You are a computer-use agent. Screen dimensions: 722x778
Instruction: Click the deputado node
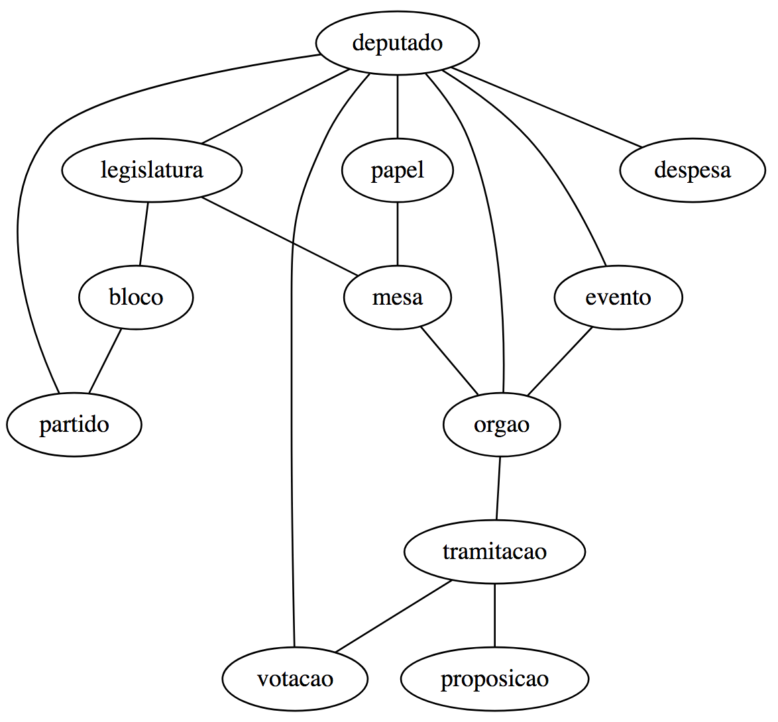click(397, 43)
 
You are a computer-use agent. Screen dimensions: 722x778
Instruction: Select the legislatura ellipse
click(152, 170)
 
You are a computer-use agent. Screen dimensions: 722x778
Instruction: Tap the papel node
click(397, 170)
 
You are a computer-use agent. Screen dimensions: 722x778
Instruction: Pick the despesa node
click(692, 170)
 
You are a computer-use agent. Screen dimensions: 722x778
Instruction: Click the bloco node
click(136, 297)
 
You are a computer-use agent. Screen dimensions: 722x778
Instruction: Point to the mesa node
click(397, 297)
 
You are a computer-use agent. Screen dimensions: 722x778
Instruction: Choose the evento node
click(618, 297)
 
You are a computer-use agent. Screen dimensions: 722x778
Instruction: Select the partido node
click(74, 425)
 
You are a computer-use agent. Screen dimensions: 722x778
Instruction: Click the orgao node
click(502, 425)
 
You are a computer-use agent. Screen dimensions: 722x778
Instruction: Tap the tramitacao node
click(494, 552)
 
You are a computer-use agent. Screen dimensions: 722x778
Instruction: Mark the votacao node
click(295, 679)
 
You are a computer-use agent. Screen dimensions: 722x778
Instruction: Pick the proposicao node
click(494, 679)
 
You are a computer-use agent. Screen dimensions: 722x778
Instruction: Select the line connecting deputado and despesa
click(546, 107)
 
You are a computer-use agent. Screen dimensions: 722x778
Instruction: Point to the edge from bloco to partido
click(105, 361)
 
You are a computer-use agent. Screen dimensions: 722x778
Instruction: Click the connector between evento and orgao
click(559, 362)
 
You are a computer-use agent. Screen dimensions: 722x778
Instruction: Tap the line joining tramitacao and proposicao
click(494, 615)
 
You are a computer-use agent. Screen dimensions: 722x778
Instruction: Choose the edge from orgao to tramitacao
click(498, 488)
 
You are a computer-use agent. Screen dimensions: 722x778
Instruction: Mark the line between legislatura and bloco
click(144, 234)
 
